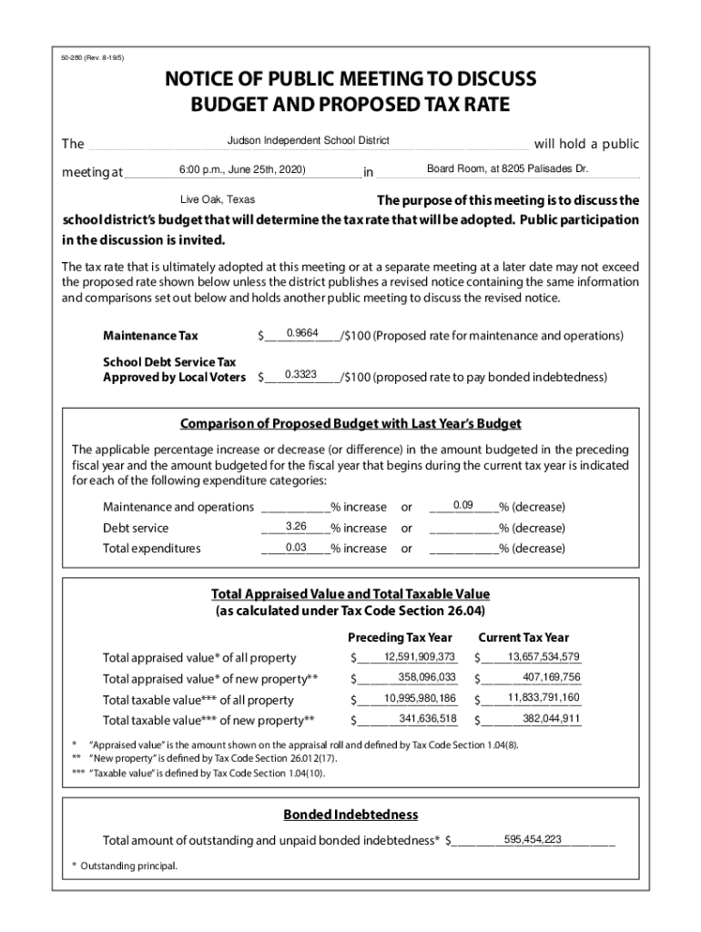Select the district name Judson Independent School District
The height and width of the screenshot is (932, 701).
(x=308, y=140)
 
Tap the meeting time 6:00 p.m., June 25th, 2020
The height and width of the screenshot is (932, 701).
(x=242, y=170)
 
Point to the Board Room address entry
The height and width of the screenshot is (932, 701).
(x=508, y=169)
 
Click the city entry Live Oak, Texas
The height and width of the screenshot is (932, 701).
(x=218, y=199)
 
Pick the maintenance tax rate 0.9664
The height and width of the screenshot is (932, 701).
(x=302, y=333)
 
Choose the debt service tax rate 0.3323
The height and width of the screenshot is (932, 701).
(x=300, y=374)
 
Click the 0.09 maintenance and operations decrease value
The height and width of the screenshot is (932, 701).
(x=463, y=504)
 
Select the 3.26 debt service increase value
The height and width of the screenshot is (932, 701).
(x=295, y=526)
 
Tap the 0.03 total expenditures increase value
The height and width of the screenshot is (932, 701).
(x=295, y=547)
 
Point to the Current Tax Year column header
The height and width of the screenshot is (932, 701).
(x=523, y=637)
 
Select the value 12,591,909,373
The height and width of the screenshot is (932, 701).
(x=419, y=657)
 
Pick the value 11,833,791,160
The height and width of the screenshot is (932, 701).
(x=544, y=698)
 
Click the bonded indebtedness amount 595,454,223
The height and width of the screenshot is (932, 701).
(x=533, y=839)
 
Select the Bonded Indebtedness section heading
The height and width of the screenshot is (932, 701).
(x=350, y=814)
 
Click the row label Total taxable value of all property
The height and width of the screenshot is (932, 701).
(x=198, y=700)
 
